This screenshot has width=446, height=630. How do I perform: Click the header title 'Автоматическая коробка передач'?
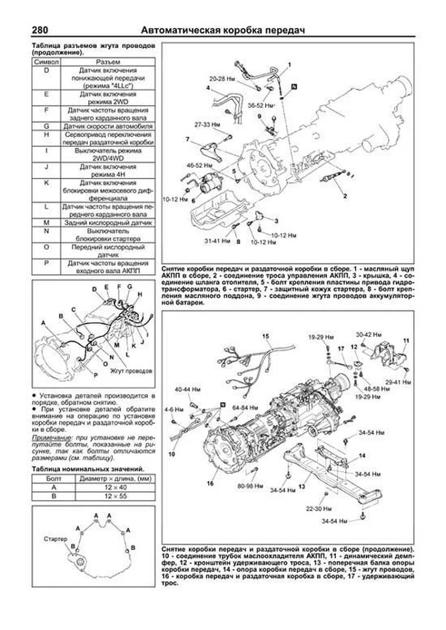click(223, 30)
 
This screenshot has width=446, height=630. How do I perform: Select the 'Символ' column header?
click(46, 62)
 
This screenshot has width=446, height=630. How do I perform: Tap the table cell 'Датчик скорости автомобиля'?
click(108, 126)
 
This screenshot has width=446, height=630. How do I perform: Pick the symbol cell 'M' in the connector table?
click(46, 223)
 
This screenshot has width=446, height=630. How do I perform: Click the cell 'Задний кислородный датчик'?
click(108, 223)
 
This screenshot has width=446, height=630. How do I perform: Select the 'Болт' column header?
click(54, 479)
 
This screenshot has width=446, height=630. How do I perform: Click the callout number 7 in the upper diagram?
click(188, 139)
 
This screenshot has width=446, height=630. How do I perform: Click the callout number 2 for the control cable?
click(345, 196)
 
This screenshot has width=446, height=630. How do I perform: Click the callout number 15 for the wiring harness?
click(265, 336)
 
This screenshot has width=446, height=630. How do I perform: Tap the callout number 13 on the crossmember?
click(301, 486)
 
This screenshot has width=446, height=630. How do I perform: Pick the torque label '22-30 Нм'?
click(319, 508)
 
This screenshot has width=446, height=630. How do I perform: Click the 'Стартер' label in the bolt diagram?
click(55, 539)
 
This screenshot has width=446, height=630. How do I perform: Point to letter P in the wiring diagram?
click(95, 376)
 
